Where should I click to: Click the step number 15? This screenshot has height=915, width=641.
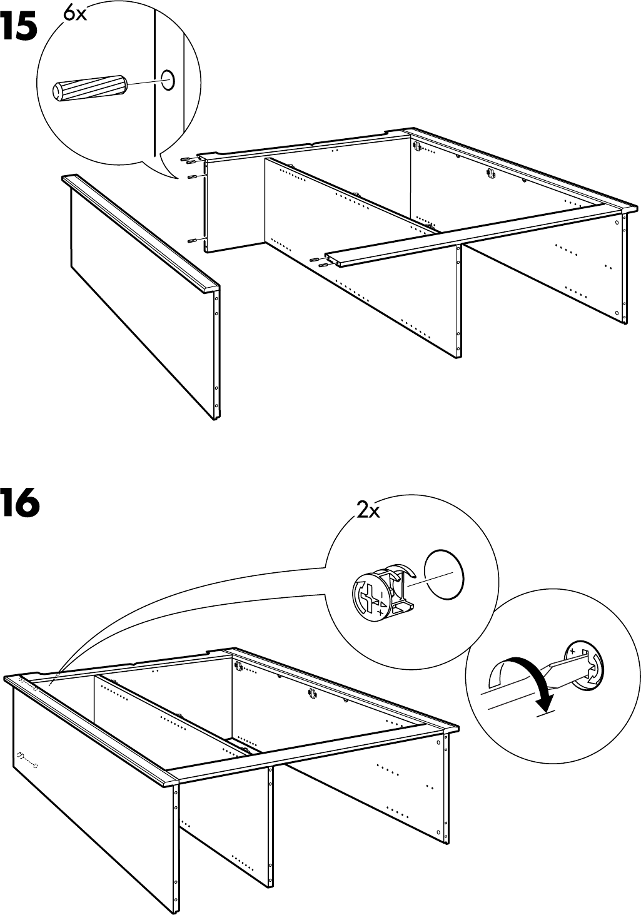coord(19,28)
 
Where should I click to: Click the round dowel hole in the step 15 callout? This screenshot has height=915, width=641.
coord(168,79)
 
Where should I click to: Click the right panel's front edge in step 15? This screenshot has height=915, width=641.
coord(623,269)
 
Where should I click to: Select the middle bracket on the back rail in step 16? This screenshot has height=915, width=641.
coord(310,692)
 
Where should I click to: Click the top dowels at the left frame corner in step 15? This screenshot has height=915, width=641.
coord(188,160)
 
